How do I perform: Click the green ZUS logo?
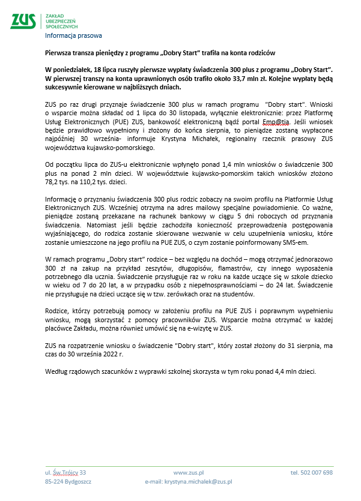tap(23, 21)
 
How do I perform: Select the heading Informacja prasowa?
tap(73, 35)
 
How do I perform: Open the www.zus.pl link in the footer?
tap(189, 473)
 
